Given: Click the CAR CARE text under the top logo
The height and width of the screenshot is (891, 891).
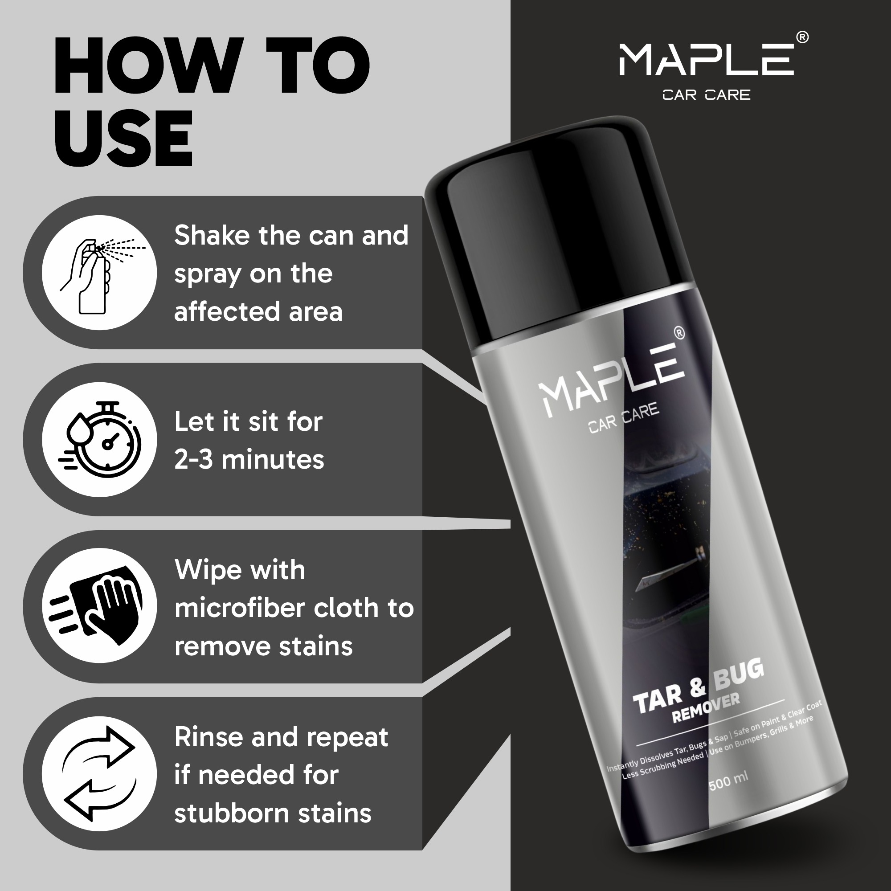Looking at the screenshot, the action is click(706, 95).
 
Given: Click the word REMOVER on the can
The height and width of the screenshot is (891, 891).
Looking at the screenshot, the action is click(706, 708).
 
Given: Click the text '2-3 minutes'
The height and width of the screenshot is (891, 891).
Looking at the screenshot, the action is click(249, 460).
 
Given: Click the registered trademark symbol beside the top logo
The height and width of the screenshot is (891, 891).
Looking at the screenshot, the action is click(802, 37).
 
